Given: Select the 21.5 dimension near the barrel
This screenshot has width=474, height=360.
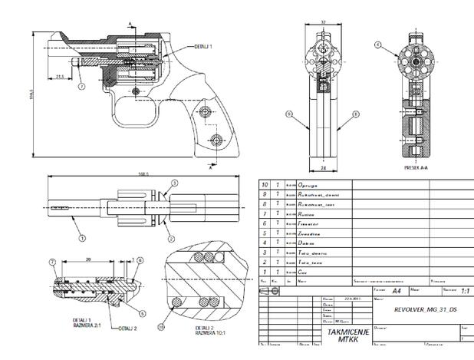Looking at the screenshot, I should (59, 76).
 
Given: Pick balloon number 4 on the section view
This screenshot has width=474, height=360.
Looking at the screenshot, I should (377, 45).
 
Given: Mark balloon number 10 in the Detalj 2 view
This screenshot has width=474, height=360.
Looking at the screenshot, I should (162, 328).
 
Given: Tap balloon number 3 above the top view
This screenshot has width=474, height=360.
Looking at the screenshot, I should (174, 183).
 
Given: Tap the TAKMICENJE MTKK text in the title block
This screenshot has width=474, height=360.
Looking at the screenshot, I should (341, 335).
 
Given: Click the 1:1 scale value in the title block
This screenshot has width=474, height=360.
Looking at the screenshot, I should (464, 292).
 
